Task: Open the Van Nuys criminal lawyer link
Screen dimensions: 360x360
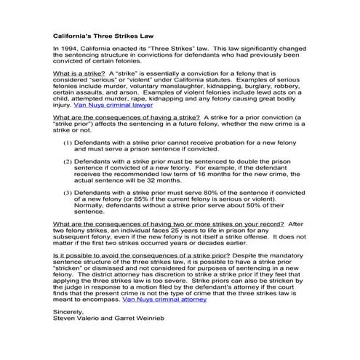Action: pyautogui.click(x=121, y=104)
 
